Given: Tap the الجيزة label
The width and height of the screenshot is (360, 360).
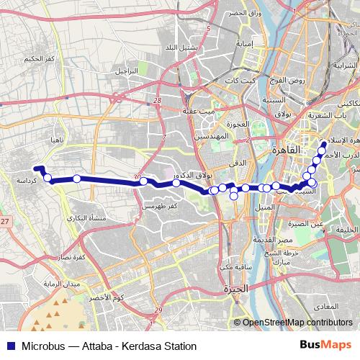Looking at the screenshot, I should coord(236,289).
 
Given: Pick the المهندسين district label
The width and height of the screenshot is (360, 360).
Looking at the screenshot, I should coord(212,136).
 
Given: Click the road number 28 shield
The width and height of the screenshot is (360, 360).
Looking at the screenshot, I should coord(158,102).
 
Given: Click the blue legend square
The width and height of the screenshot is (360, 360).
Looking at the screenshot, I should coord(9,346).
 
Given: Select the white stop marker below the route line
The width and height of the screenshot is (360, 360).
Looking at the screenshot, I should coord(234,196).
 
